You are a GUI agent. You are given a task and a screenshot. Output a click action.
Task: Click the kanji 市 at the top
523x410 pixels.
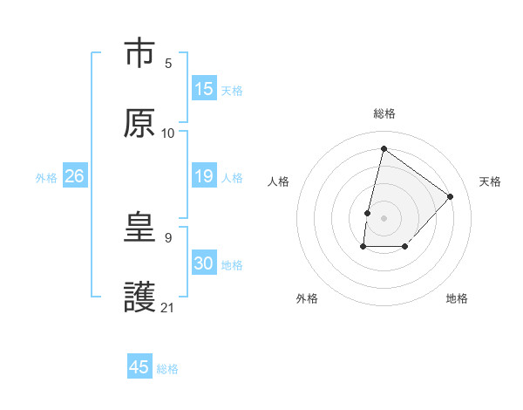coord(139,54)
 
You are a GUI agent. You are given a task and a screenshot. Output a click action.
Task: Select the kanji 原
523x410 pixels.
coord(139,124)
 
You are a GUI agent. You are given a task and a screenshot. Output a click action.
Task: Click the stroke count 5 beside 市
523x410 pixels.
coord(168,63)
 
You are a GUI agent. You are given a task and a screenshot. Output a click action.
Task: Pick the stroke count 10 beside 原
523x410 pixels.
coord(168,133)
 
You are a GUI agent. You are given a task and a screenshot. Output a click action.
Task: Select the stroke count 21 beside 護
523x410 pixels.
coord(168,307)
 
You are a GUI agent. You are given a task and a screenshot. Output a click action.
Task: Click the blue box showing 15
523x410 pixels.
coord(204,89)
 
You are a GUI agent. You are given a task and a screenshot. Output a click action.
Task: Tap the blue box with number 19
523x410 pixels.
coord(204,176)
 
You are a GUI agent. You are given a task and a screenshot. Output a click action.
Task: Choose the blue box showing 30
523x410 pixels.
coord(204,263)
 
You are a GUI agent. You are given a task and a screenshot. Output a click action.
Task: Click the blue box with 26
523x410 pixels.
coord(75,176)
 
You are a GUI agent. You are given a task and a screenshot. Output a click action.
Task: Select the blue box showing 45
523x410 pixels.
coord(139,367)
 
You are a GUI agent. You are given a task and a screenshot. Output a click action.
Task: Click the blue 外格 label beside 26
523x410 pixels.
coord(46,177)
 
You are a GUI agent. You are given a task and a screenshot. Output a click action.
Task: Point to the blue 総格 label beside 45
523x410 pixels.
coord(167,368)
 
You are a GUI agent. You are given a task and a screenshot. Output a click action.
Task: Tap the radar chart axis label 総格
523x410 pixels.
coord(384,113)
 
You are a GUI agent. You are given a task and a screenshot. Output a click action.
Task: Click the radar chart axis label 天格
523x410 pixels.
coord(491,181)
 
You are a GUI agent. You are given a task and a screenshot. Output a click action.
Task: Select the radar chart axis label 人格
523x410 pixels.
coord(278,181)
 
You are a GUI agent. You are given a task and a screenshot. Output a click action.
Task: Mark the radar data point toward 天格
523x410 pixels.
coord(451,196)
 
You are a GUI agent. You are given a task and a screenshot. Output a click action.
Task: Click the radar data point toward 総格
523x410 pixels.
coord(384,148)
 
